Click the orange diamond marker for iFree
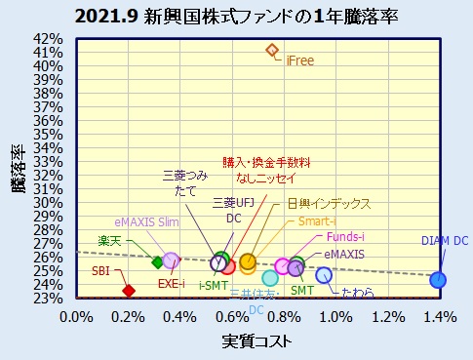(x=272, y=50)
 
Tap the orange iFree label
(x=299, y=61)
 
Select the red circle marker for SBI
(x=128, y=290)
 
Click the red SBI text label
(x=100, y=270)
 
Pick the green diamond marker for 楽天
(x=157, y=261)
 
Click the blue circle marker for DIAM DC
(x=438, y=280)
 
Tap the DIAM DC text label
(x=444, y=240)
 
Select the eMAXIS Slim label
(x=147, y=222)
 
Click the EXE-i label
(x=172, y=284)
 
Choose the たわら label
(x=357, y=291)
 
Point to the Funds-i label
(x=346, y=237)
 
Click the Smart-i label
(x=316, y=221)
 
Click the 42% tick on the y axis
(x=49, y=39)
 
